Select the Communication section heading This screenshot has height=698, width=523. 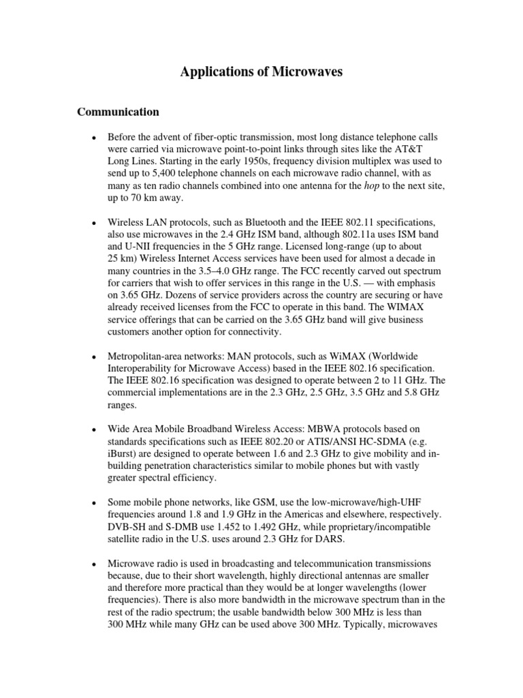pos(118,112)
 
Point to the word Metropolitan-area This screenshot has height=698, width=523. pos(147,356)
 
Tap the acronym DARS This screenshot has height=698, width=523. pos(330,540)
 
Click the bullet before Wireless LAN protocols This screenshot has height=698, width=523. pos(93,223)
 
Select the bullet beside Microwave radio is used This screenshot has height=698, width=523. pos(93,564)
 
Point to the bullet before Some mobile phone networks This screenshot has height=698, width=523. pos(93,503)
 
